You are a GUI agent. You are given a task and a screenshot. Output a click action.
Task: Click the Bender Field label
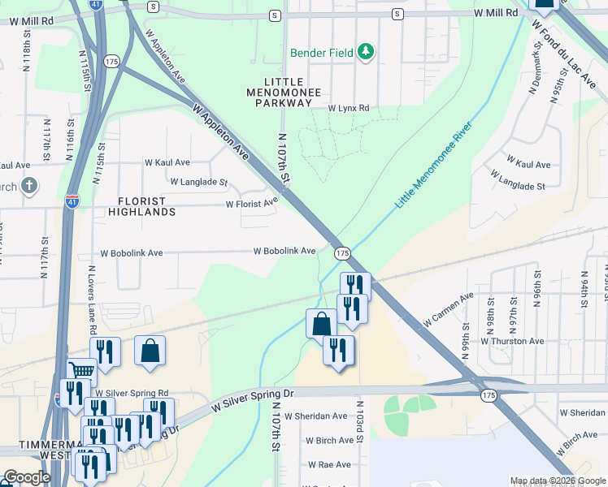[323, 53]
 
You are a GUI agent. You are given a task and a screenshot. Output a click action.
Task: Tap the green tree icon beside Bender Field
[367, 52]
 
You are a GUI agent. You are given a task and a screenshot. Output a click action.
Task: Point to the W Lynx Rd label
[349, 108]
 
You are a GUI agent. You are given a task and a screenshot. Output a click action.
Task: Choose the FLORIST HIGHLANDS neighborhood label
[141, 206]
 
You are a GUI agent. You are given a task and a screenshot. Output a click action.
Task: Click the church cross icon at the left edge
[28, 185]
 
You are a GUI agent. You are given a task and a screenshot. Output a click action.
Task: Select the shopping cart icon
[80, 371]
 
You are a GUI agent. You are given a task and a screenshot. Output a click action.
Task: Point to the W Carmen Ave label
[447, 311]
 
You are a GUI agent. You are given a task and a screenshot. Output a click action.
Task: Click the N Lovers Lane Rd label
[91, 300]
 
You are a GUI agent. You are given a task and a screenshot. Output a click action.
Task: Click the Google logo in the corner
[27, 477]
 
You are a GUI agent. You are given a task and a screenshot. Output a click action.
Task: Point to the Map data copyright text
[558, 481]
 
